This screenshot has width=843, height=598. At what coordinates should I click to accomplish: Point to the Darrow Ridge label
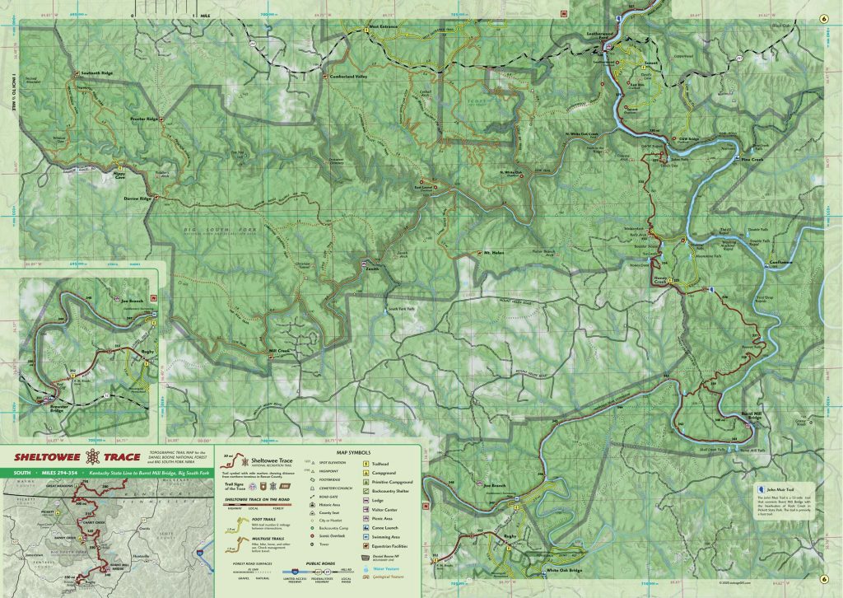click(138, 199)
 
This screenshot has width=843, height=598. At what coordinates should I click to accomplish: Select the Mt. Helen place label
click(493, 252)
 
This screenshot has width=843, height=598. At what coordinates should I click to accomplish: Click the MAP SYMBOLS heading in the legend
click(354, 453)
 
